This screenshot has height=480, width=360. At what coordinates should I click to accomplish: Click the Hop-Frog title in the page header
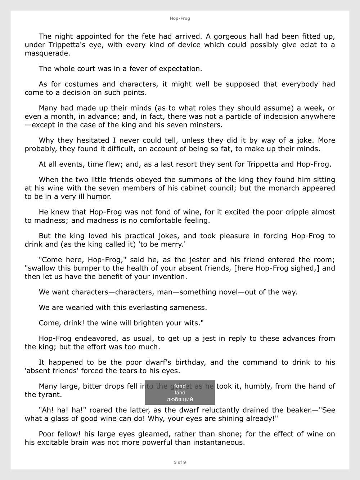[x=180, y=18]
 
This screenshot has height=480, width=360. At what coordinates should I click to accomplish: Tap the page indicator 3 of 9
[x=180, y=462]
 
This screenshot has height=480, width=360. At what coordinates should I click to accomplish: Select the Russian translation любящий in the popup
[x=180, y=399]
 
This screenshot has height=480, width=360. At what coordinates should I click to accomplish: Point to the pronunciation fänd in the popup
[x=180, y=393]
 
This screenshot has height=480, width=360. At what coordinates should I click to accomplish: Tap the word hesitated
[x=88, y=140]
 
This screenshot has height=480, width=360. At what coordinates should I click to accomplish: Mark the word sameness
[x=189, y=308]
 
